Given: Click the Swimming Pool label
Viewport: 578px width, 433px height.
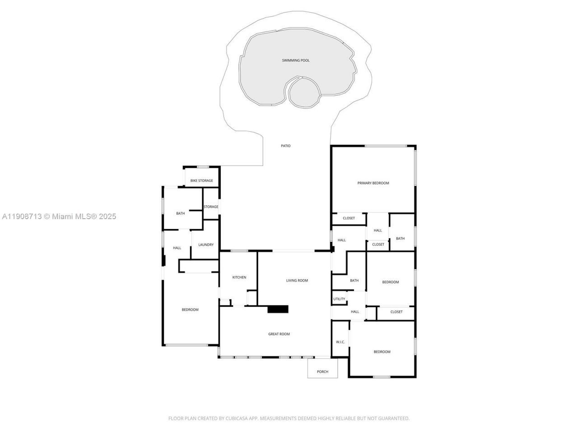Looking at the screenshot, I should pyautogui.click(x=296, y=60).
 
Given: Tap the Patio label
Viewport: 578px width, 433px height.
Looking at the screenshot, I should pyautogui.click(x=285, y=146).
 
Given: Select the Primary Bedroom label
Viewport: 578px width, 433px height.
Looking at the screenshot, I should pyautogui.click(x=373, y=183).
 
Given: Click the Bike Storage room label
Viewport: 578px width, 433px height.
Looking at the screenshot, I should pyautogui.click(x=201, y=181).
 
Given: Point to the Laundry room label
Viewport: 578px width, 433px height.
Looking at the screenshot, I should pyautogui.click(x=206, y=245).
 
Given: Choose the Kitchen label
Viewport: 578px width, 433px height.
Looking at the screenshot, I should pyautogui.click(x=239, y=277).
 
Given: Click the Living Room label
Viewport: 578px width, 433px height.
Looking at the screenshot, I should pyautogui.click(x=297, y=281).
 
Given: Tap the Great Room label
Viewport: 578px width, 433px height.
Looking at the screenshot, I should pyautogui.click(x=279, y=334).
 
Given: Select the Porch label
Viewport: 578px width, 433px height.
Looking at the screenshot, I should pyautogui.click(x=322, y=372).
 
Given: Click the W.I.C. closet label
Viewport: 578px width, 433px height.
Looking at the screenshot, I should pyautogui.click(x=340, y=342).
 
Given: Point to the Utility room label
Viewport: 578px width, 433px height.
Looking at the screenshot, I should pyautogui.click(x=339, y=299).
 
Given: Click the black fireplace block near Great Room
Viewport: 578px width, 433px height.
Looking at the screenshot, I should pyautogui.click(x=278, y=309).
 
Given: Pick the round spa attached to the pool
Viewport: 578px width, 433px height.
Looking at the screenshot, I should pyautogui.click(x=304, y=92).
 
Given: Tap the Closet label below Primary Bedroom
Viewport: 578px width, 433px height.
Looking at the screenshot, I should pyautogui.click(x=349, y=218).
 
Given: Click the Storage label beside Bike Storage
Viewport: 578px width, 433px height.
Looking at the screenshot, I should pyautogui.click(x=211, y=207).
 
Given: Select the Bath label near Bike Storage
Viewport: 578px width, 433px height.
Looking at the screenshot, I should pyautogui.click(x=181, y=213).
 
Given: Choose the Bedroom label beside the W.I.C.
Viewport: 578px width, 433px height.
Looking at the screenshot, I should pyautogui.click(x=382, y=352).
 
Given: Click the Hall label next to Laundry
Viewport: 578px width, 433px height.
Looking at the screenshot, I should pyautogui.click(x=177, y=248).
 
